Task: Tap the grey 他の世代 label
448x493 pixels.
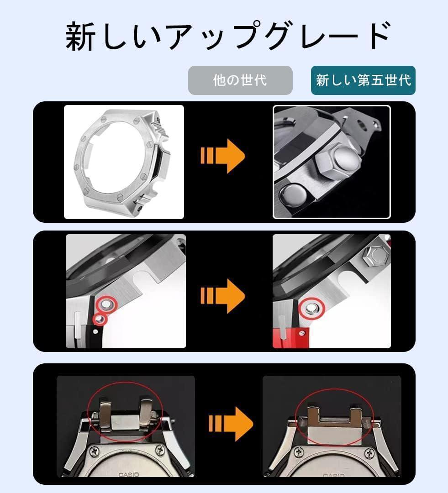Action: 240,80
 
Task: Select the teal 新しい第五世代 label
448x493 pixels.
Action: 363,80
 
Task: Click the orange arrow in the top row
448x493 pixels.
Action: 222,156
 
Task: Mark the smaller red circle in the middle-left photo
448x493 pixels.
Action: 100,319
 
